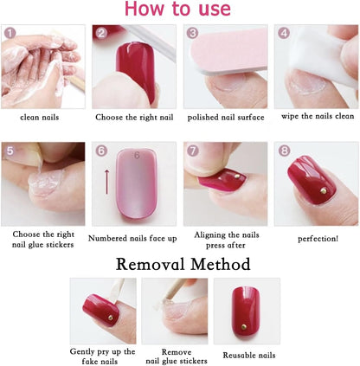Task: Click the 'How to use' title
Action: pos(179,10)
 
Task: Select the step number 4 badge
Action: pos(282,34)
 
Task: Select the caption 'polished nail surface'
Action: pos(224,117)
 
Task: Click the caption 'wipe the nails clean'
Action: pos(316,116)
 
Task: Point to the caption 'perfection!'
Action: pos(317,237)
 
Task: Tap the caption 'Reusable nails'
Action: pos(248,355)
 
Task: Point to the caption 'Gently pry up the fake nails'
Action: pos(102,356)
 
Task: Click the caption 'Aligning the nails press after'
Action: pos(225,240)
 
